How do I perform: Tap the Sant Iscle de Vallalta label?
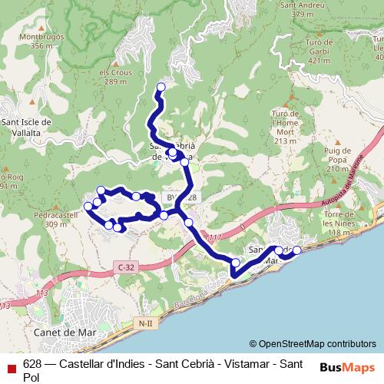[26, 127]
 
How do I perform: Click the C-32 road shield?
[127, 266]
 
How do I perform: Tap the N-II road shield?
[145, 323]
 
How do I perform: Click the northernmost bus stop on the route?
[161, 87]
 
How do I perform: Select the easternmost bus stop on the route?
[297, 250]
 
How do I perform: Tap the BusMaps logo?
[346, 367]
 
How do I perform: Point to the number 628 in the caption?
[32, 363]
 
